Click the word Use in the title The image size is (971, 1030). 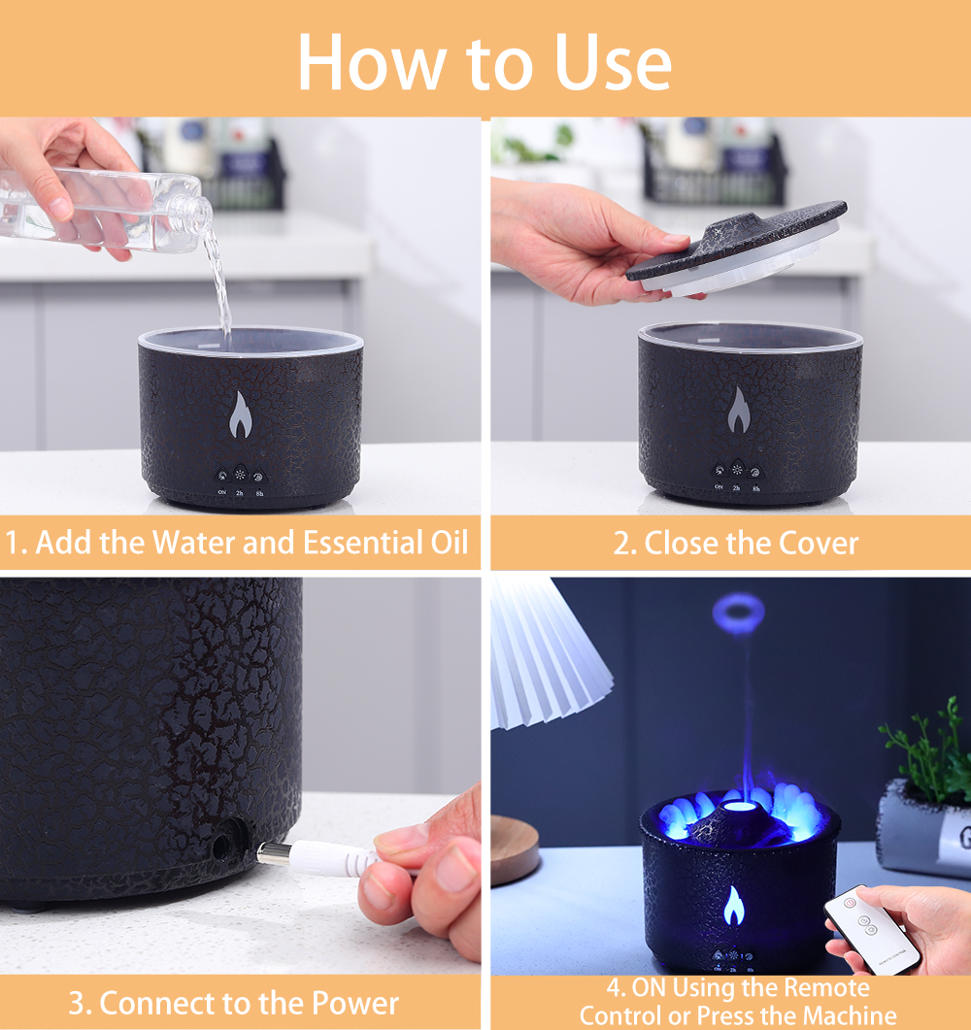613,62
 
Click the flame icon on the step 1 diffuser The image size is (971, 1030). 241,415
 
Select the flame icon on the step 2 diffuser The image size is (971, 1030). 739,410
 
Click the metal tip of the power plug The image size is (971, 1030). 268,853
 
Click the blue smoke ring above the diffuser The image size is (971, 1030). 738,613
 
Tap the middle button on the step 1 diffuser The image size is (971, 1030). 240,476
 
